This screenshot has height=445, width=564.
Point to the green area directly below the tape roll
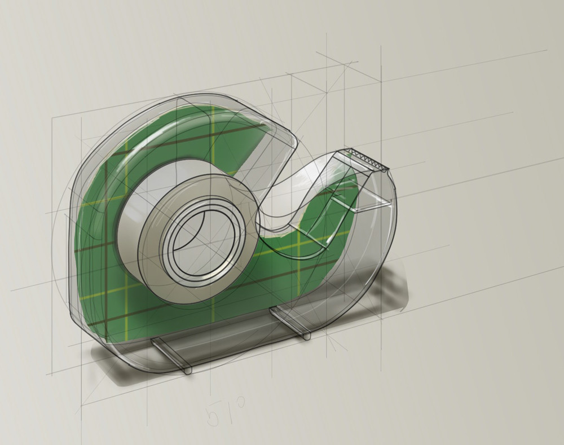pos(186,316)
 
